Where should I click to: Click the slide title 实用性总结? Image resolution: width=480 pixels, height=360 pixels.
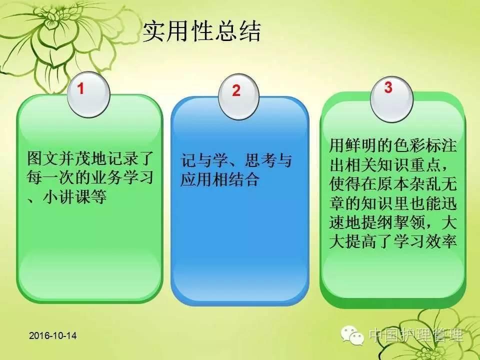(201, 31)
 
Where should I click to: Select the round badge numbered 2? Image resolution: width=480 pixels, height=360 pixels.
(238, 96)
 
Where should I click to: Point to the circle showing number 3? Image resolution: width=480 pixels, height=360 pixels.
(391, 99)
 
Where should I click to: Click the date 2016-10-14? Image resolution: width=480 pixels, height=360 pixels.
(53, 335)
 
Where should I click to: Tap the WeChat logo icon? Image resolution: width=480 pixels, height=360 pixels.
(352, 335)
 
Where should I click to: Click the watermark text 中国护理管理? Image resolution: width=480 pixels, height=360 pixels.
(416, 335)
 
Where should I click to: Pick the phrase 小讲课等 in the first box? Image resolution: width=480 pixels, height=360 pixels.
(74, 196)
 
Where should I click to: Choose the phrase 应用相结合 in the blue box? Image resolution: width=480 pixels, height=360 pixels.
(220, 179)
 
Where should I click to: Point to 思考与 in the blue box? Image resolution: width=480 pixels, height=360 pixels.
(268, 160)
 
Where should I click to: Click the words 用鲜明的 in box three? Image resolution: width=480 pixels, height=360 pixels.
(361, 145)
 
